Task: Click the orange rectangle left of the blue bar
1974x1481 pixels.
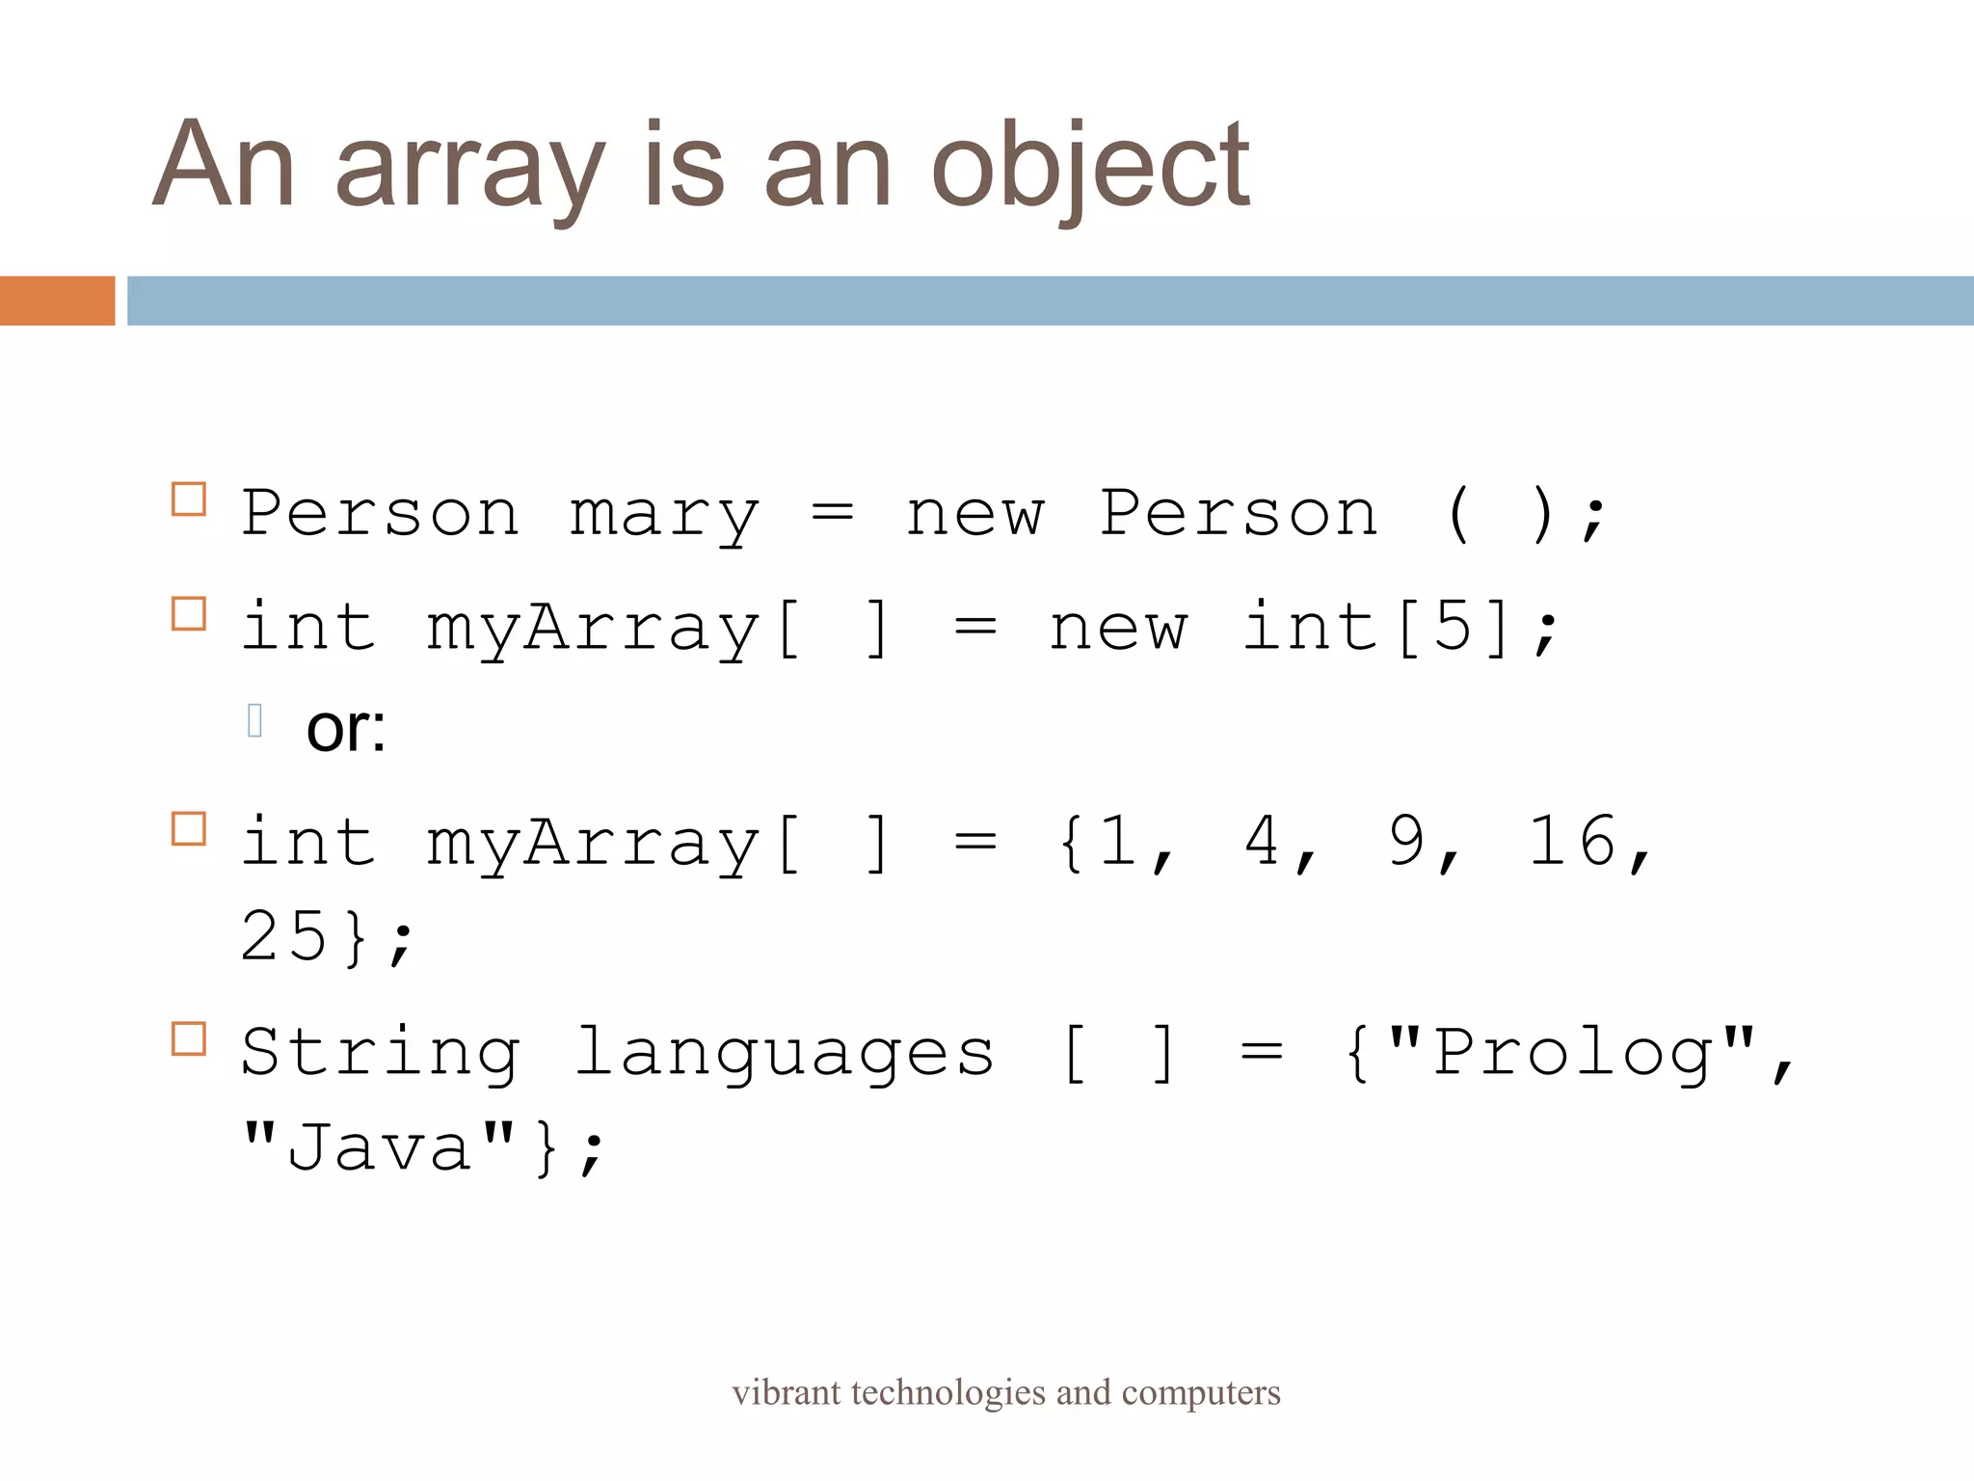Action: point(57,301)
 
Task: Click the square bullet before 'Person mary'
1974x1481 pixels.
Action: point(189,499)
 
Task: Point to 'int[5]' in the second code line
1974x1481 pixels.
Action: point(1376,628)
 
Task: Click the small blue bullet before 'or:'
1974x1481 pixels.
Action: point(254,720)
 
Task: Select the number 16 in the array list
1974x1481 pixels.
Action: point(1572,842)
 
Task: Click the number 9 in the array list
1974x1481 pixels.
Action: point(1406,842)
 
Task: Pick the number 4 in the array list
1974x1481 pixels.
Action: point(1263,842)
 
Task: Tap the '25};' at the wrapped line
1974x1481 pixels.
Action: point(326,936)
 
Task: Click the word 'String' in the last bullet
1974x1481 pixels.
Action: point(381,1053)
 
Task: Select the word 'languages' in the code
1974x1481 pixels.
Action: point(784,1053)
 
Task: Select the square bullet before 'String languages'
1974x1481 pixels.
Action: point(189,1039)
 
